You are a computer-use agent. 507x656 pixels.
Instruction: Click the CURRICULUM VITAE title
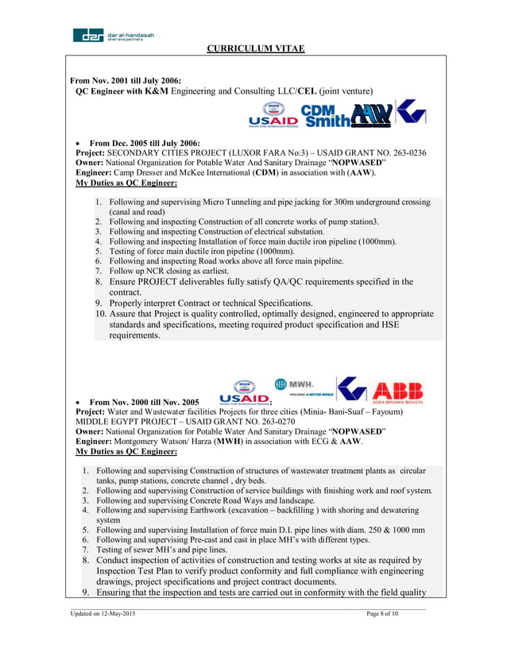tap(256, 49)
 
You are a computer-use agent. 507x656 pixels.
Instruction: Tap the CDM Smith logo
tap(326, 114)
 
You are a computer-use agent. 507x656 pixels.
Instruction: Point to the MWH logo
tap(302, 384)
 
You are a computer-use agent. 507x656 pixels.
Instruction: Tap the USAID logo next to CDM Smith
tap(273, 116)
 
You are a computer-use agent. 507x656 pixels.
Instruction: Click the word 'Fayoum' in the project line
tap(385, 412)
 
